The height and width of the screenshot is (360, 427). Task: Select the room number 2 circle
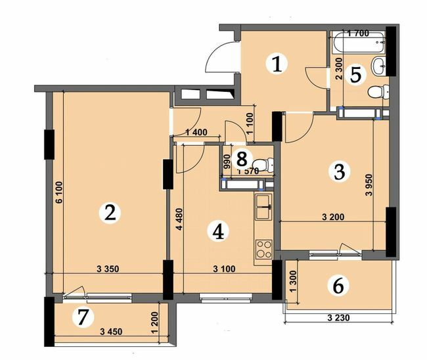(110, 212)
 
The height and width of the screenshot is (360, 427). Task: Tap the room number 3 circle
(338, 172)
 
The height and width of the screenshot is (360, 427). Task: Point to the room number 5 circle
(355, 74)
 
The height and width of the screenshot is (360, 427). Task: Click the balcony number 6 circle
(338, 285)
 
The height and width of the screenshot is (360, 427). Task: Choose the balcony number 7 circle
(82, 317)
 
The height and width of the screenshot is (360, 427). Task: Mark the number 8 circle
(242, 158)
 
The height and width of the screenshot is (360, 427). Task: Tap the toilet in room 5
(376, 91)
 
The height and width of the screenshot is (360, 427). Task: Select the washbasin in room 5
(379, 65)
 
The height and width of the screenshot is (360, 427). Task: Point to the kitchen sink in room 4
(264, 208)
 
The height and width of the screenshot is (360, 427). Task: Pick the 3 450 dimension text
(110, 332)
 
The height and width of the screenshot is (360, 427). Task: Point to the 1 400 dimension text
(196, 133)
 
